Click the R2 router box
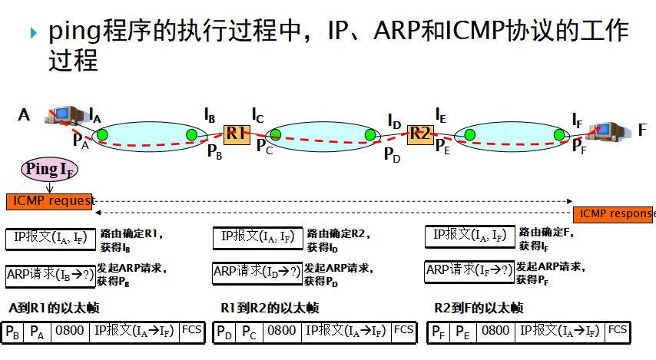419,133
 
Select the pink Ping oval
50,169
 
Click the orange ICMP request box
49,201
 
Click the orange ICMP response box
615,214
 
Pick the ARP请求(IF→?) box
469,269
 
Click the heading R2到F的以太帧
479,308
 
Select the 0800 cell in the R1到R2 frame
282,332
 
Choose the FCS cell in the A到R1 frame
191,332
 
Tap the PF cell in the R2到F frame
438,332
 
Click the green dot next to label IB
191,135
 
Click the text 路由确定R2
336,233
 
